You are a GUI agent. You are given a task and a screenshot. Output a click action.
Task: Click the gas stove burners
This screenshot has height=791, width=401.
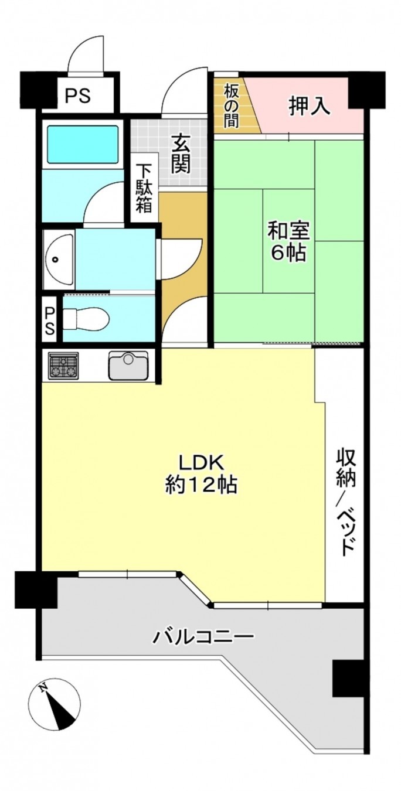tap(63, 366)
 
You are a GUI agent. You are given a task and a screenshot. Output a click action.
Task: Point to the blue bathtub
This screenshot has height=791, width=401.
tap(82, 144)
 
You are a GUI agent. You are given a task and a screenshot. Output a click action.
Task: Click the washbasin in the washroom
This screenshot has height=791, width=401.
tap(59, 258)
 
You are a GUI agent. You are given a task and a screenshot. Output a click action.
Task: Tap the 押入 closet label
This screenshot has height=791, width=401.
tap(309, 107)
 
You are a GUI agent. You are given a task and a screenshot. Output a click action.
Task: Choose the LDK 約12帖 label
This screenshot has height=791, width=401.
tap(201, 473)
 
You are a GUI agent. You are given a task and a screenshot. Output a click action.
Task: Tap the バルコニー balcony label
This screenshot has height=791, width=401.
tap(203, 636)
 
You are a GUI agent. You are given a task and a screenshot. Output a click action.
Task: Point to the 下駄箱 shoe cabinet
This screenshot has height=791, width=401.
tap(144, 187)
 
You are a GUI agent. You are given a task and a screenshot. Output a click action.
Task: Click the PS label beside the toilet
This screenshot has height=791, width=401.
tap(50, 319)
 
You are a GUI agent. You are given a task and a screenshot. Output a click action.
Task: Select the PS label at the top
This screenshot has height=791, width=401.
tap(78, 96)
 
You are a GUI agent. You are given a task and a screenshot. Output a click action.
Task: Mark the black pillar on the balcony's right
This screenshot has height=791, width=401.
tap(350, 678)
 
